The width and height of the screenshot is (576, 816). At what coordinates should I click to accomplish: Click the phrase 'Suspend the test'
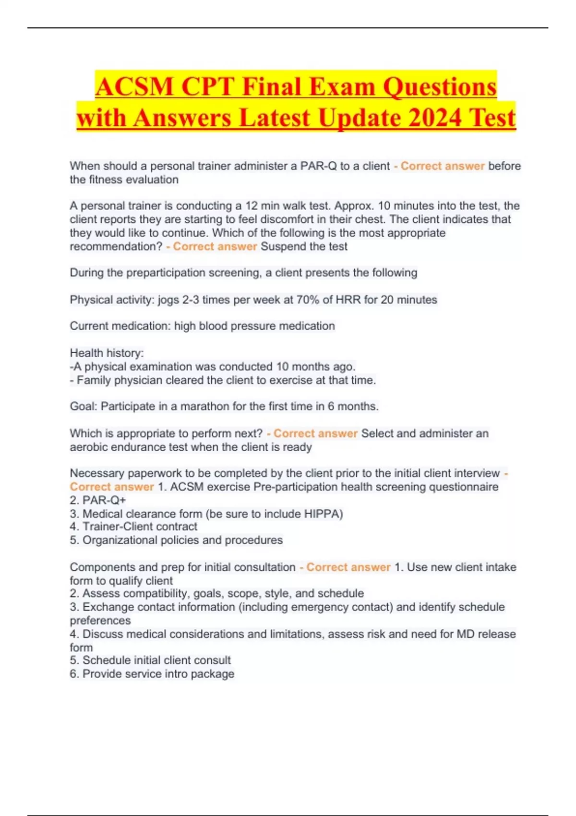pyautogui.click(x=304, y=247)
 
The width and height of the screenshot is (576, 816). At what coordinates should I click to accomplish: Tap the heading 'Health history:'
pyautogui.click(x=107, y=353)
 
